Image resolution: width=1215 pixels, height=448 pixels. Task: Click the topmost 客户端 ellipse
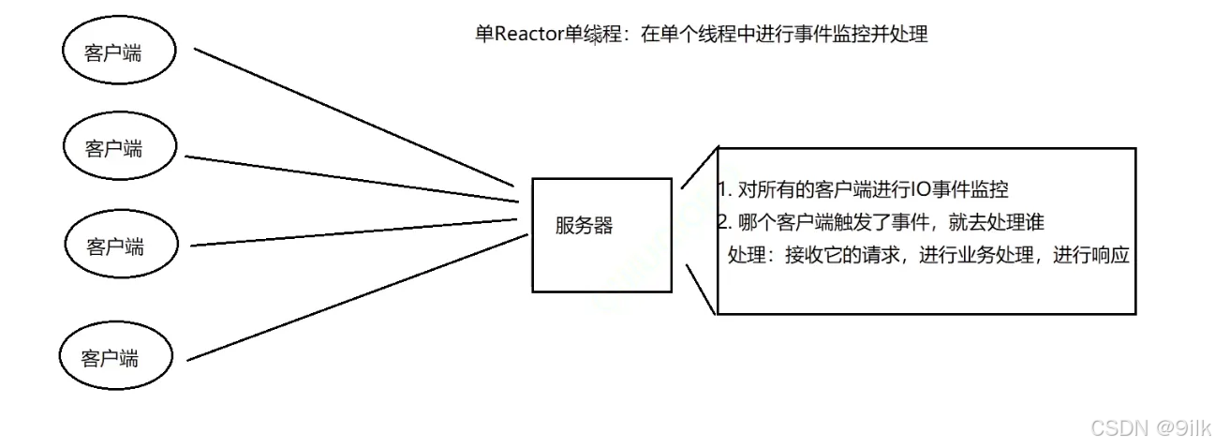119,52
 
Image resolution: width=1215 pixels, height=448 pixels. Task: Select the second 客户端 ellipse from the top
119,147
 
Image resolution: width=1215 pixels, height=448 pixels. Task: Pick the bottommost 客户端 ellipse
115,357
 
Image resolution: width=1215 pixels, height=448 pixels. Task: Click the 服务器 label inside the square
584,226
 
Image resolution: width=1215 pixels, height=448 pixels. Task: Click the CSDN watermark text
1120,427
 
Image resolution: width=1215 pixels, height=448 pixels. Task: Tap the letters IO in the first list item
922,189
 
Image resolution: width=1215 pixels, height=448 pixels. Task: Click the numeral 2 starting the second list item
722,222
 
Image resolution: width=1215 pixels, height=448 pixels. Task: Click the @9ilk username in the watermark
1182,427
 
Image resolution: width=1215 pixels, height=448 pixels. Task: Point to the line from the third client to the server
356,232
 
